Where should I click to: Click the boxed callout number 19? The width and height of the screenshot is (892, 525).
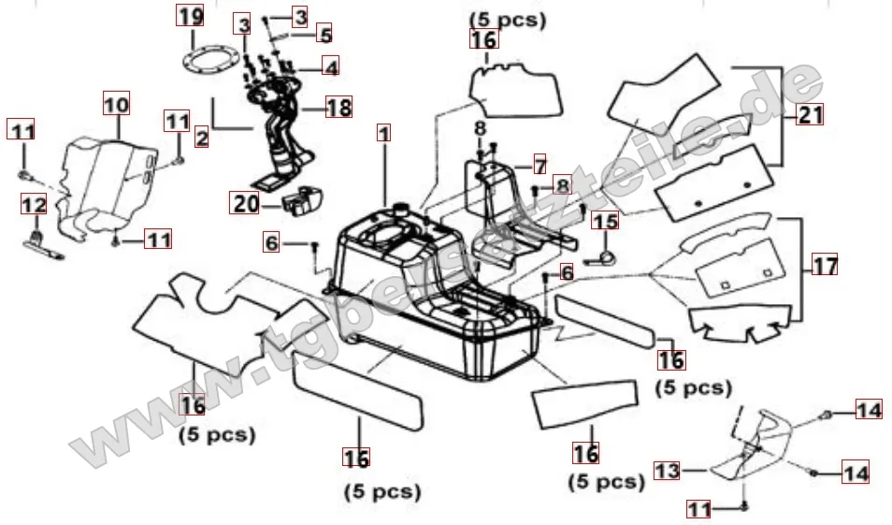pos(190,16)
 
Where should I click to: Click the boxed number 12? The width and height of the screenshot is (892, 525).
pos(33,204)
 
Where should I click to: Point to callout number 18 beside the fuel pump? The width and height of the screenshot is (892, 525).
pos(338,107)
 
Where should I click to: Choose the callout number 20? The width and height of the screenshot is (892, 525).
pos(245,203)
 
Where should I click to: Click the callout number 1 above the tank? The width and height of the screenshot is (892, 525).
pos(383,133)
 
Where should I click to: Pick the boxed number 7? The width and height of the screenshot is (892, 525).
pos(539,165)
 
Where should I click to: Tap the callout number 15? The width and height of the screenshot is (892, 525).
pos(606,221)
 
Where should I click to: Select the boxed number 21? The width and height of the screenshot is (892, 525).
pos(810,115)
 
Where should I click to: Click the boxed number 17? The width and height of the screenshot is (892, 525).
pos(825,265)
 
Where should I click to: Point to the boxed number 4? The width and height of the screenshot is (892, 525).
pos(330,66)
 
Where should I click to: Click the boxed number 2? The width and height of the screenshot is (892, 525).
pos(201,139)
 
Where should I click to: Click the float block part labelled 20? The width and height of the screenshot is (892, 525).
pos(301,200)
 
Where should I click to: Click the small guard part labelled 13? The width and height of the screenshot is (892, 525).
pos(753,445)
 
